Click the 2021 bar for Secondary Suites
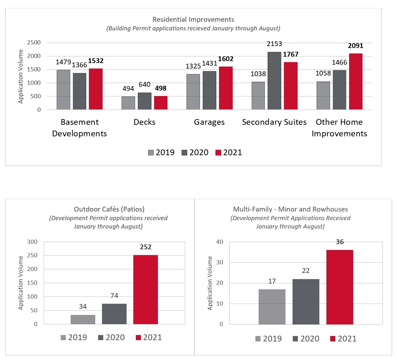(x=291, y=86)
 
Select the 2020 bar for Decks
(x=144, y=101)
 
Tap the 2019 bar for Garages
(x=193, y=92)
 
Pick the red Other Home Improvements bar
(x=355, y=82)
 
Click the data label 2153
(x=274, y=44)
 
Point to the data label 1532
(x=96, y=61)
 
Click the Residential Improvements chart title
(x=193, y=20)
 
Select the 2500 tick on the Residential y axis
(x=34, y=43)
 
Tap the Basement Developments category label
(x=80, y=128)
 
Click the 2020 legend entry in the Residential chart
(x=195, y=153)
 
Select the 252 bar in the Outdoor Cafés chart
(x=145, y=289)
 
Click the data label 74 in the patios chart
(x=114, y=296)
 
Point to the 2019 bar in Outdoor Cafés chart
(x=83, y=319)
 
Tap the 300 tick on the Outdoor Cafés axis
(x=32, y=242)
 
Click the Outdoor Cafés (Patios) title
(x=109, y=209)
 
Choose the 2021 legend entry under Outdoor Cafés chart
(x=149, y=338)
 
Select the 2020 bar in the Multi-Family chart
(x=306, y=301)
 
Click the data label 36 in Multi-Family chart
(x=340, y=242)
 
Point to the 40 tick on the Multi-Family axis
(x=220, y=242)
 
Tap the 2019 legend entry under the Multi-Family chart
(x=269, y=339)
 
